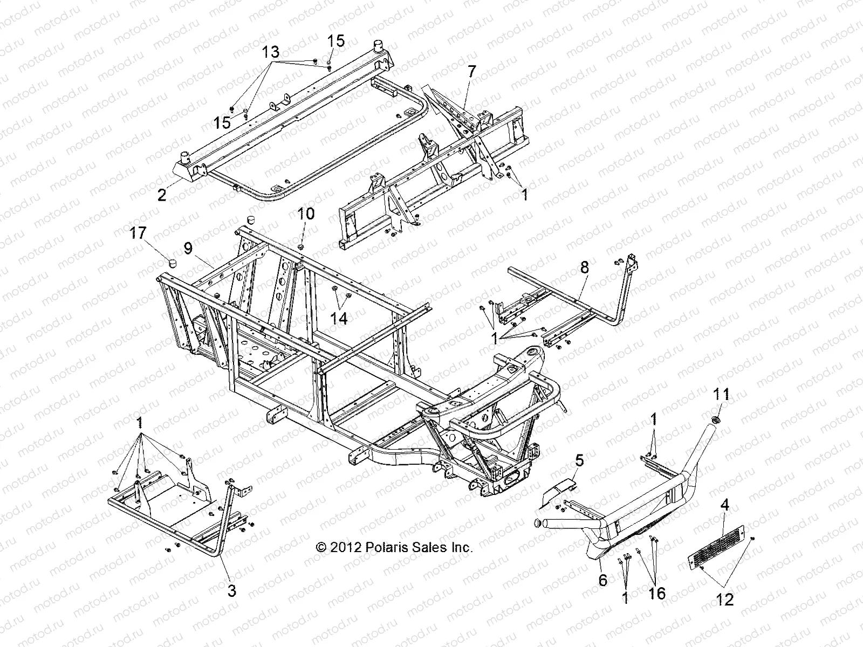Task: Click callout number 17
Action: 138,233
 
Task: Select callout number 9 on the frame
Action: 188,249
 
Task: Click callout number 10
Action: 306,214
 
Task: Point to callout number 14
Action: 339,318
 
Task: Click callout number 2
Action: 162,195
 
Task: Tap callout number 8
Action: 584,267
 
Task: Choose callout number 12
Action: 726,599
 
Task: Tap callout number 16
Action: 657,594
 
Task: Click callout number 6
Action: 602,580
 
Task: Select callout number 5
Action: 579,460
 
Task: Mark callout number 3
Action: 231,591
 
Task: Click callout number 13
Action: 271,52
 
